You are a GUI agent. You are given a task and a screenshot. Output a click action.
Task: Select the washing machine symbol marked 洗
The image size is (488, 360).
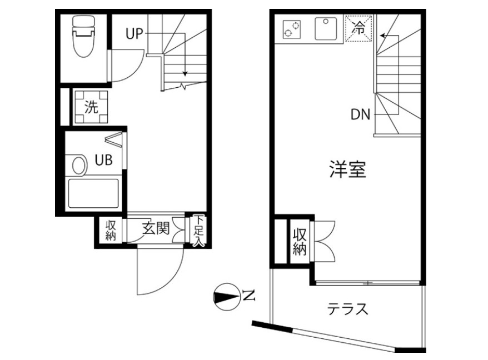pos(91,107)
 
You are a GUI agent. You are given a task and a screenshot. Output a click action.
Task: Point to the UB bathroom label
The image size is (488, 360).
pos(103,161)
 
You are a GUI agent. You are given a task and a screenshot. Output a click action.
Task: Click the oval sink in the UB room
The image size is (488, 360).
pos(79,165)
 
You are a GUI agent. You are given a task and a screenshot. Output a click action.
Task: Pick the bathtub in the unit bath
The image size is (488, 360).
pos(92,193)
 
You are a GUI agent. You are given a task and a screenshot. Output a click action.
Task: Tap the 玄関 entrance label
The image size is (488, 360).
pos(155,228)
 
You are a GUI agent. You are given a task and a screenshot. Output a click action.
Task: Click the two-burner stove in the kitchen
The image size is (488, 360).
pos(291,29)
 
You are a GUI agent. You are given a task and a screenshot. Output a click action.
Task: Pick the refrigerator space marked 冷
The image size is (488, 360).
pos(360,29)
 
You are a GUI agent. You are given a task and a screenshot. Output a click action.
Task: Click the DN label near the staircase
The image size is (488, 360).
pos(361,115)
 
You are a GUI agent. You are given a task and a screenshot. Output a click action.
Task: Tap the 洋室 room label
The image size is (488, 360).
pos(347,169)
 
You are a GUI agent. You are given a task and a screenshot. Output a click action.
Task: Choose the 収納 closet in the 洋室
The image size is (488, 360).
pos(300,241)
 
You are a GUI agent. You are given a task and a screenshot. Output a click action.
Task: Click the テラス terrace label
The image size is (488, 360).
pos(348,309)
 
